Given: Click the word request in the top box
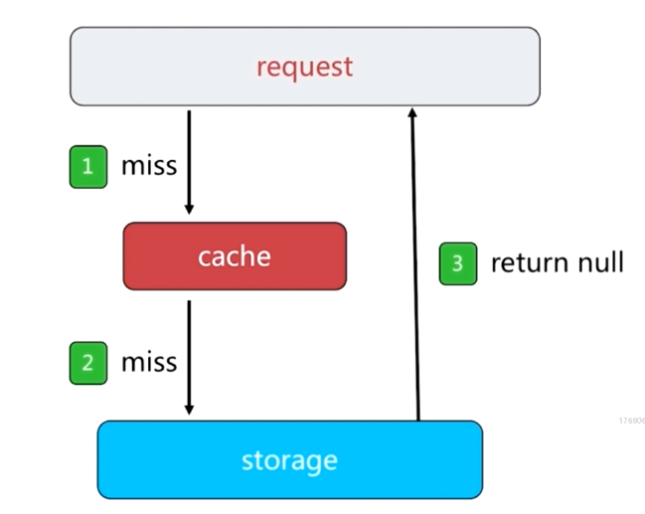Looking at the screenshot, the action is click(x=305, y=68).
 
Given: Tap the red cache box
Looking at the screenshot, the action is click(x=235, y=257).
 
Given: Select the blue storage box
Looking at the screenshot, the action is click(x=290, y=459).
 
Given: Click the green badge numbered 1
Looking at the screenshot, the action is click(x=88, y=167).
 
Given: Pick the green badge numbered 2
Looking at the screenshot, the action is click(x=88, y=363).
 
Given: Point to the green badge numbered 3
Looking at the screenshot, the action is click(x=458, y=263).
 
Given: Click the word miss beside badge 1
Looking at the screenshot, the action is click(x=149, y=166).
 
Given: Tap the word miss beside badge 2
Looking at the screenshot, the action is click(x=149, y=363).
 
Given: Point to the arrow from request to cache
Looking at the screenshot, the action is click(x=189, y=162).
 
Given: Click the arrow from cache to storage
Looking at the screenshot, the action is click(x=189, y=357).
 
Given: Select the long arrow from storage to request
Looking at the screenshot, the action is click(x=415, y=263).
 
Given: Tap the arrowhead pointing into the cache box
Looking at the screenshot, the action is click(x=189, y=209).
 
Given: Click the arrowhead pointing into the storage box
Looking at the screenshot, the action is click(x=189, y=410).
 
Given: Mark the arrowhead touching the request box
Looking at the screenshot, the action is click(x=412, y=112).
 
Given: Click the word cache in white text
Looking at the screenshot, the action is click(x=235, y=257).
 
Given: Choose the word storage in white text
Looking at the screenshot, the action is click(x=289, y=461).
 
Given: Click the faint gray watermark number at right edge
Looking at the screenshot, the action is click(x=632, y=421).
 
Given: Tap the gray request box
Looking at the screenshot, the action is click(x=305, y=67).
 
